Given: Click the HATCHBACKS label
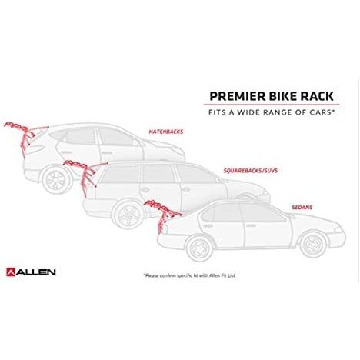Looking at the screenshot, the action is tap(166, 132).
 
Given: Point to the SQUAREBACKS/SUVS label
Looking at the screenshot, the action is tap(251, 171).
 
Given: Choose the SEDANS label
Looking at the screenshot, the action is tap(302, 207).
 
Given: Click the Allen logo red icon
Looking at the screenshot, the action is tap(11, 272).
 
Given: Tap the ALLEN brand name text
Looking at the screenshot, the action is tap(36, 272).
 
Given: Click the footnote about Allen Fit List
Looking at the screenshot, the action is tap(189, 275).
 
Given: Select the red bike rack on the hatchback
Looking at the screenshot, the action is tap(25, 137).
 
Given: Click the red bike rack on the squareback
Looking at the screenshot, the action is tap(85, 175).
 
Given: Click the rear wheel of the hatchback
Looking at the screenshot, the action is tap(56, 179).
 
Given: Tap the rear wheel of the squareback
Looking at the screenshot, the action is tap(129, 214).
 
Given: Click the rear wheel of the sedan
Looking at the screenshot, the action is tap(200, 248).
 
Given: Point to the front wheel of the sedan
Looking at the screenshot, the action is tap(314, 244).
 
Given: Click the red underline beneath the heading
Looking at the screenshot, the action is tap(272, 105).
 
